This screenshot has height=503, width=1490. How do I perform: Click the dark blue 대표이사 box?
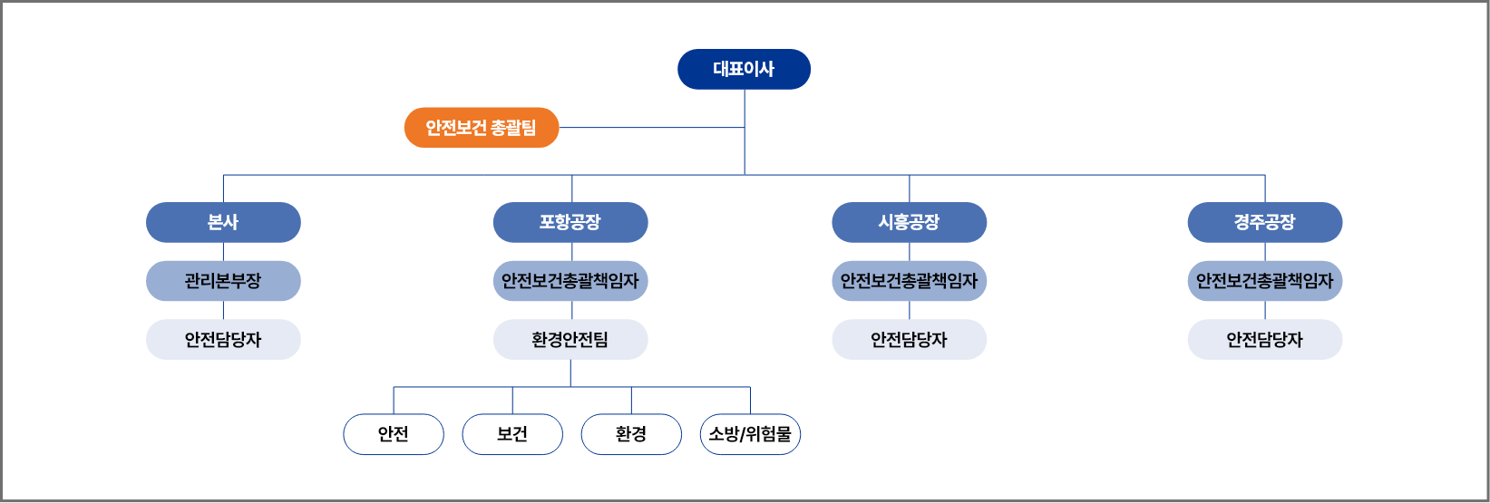(744, 69)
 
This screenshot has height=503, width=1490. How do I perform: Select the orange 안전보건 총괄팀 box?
(482, 128)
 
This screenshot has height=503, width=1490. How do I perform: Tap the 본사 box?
(223, 222)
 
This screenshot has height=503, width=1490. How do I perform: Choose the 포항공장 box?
(570, 222)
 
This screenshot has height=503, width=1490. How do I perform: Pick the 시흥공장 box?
(910, 222)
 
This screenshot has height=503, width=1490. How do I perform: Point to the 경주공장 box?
(1265, 222)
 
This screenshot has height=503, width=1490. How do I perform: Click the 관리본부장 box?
(223, 281)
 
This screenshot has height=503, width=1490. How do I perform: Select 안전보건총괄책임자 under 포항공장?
(570, 281)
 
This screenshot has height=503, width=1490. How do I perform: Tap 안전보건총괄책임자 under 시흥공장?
(910, 281)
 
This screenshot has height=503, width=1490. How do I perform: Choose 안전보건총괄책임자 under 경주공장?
(1265, 281)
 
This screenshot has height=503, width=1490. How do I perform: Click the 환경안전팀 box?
(570, 340)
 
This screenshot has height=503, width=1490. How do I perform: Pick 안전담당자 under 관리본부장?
(223, 340)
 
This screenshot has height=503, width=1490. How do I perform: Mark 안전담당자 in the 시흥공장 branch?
(910, 340)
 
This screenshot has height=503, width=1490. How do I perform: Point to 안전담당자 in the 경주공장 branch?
(1265, 340)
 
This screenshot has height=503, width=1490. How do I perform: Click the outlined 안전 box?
(394, 434)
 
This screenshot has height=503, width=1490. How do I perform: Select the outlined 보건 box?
(513, 434)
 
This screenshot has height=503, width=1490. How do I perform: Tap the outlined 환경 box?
(631, 434)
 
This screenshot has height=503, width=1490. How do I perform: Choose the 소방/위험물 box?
(750, 434)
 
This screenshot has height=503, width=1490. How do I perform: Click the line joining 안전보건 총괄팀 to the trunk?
(652, 127)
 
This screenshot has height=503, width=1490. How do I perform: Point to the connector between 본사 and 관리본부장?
(223, 252)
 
